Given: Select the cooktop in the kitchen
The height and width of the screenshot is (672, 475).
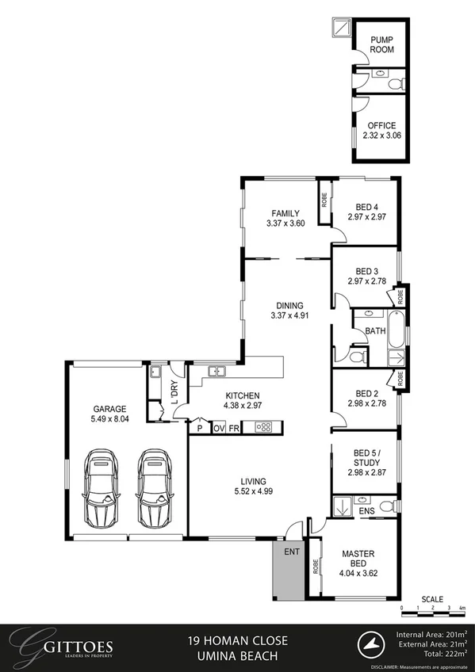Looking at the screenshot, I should [263, 428].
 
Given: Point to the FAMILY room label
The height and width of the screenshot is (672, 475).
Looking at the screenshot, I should [285, 213].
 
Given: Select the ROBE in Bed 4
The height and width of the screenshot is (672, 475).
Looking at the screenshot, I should [324, 200].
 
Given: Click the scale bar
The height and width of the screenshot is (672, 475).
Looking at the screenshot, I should [425, 608].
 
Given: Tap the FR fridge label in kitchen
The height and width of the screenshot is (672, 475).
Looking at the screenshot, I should [234, 428].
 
